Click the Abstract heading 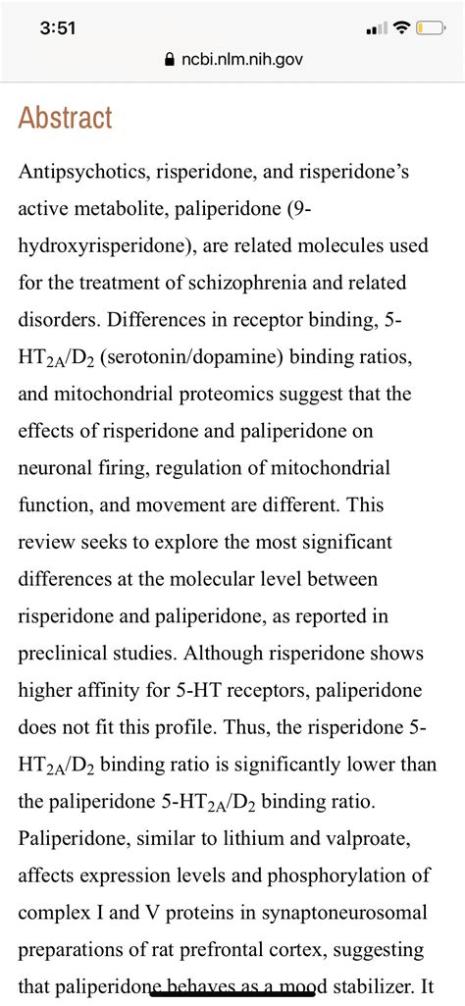66,119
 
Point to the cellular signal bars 375,28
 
